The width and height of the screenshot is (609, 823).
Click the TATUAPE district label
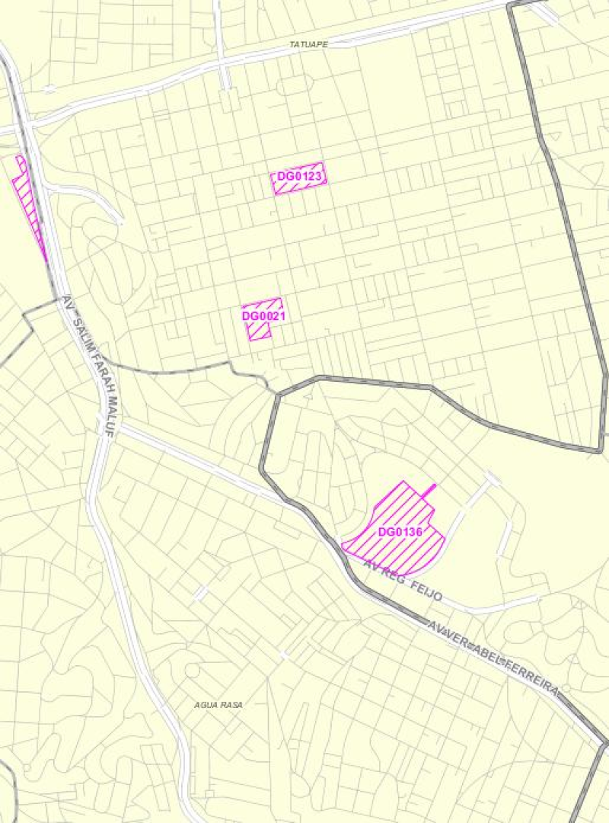pos(308,45)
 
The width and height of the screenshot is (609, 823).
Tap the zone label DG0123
pos(301,178)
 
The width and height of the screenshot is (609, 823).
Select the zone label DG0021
pos(263,315)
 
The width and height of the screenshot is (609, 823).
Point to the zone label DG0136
pos(400,532)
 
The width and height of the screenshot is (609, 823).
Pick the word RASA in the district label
pos(231,705)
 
